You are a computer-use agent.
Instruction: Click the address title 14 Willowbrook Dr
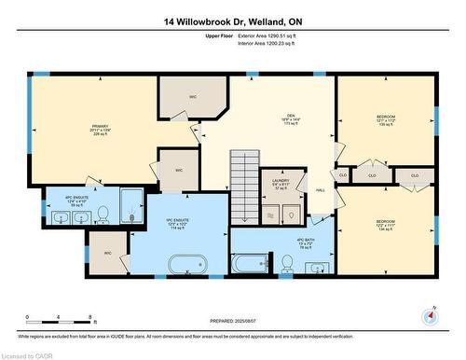coord(233,20)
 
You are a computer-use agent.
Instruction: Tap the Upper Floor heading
coord(219,35)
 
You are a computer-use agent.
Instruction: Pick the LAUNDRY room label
coord(281,184)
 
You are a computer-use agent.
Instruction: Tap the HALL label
coord(321,189)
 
